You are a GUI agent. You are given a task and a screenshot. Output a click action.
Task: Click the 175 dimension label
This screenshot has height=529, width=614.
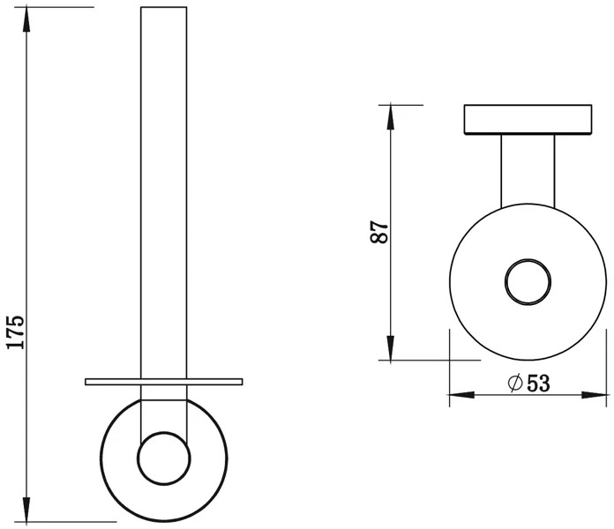(15, 332)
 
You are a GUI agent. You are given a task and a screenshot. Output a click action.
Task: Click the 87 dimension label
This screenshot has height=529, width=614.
(379, 232)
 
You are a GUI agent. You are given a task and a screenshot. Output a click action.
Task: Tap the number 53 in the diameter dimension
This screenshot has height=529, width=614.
(538, 383)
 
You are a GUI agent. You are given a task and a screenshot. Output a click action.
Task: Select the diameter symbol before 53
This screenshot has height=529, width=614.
(515, 383)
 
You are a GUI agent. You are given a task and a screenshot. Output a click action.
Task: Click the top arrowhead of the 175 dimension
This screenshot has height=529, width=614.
(26, 19)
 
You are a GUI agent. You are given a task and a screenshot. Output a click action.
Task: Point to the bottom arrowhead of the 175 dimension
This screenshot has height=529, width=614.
(26, 509)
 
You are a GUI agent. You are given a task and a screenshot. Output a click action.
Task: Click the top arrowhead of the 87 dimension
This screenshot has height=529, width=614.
(391, 117)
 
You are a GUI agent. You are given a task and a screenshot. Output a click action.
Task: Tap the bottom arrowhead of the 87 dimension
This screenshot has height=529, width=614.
(391, 347)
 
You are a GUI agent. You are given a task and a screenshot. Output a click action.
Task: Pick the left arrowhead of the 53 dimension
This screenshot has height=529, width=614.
(461, 395)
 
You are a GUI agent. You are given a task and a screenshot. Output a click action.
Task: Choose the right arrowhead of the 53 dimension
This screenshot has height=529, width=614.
(594, 395)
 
